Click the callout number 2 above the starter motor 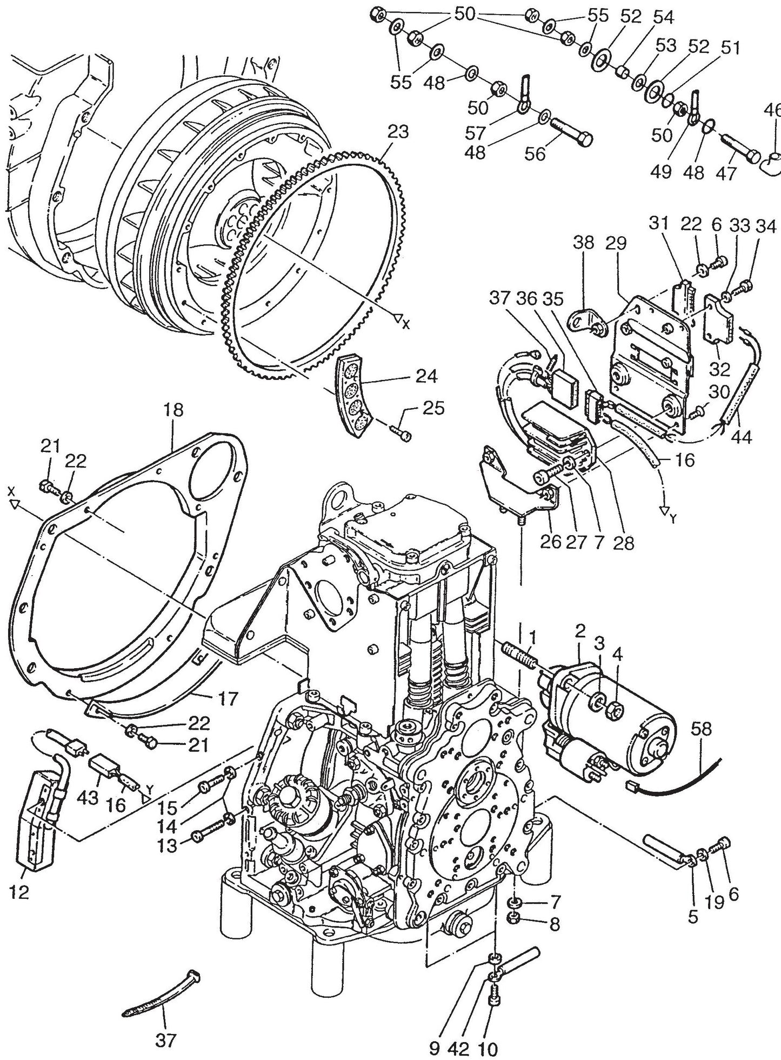coord(580,630)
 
